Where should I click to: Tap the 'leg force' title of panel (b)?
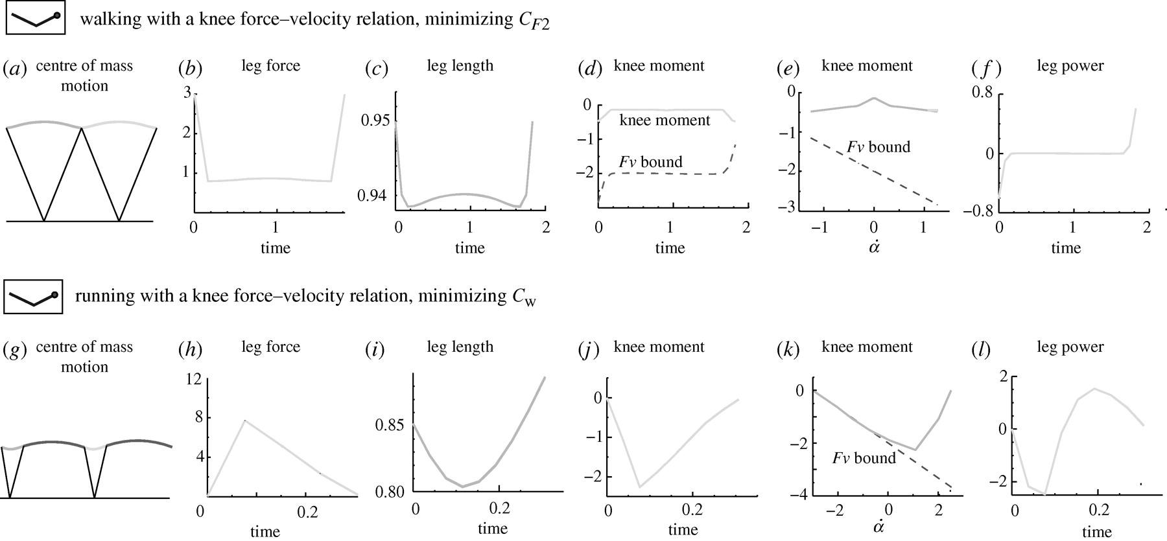[x=270, y=65]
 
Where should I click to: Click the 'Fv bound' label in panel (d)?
[x=650, y=162]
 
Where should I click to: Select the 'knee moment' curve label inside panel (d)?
[x=665, y=120]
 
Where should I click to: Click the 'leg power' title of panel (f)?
[x=1070, y=65]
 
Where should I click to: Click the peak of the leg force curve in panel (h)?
[x=244, y=420]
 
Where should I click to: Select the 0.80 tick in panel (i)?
[x=390, y=491]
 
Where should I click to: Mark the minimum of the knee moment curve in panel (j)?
[x=620, y=487]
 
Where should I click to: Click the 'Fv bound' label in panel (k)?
[x=864, y=459]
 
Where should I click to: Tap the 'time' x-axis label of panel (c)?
[x=469, y=247]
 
